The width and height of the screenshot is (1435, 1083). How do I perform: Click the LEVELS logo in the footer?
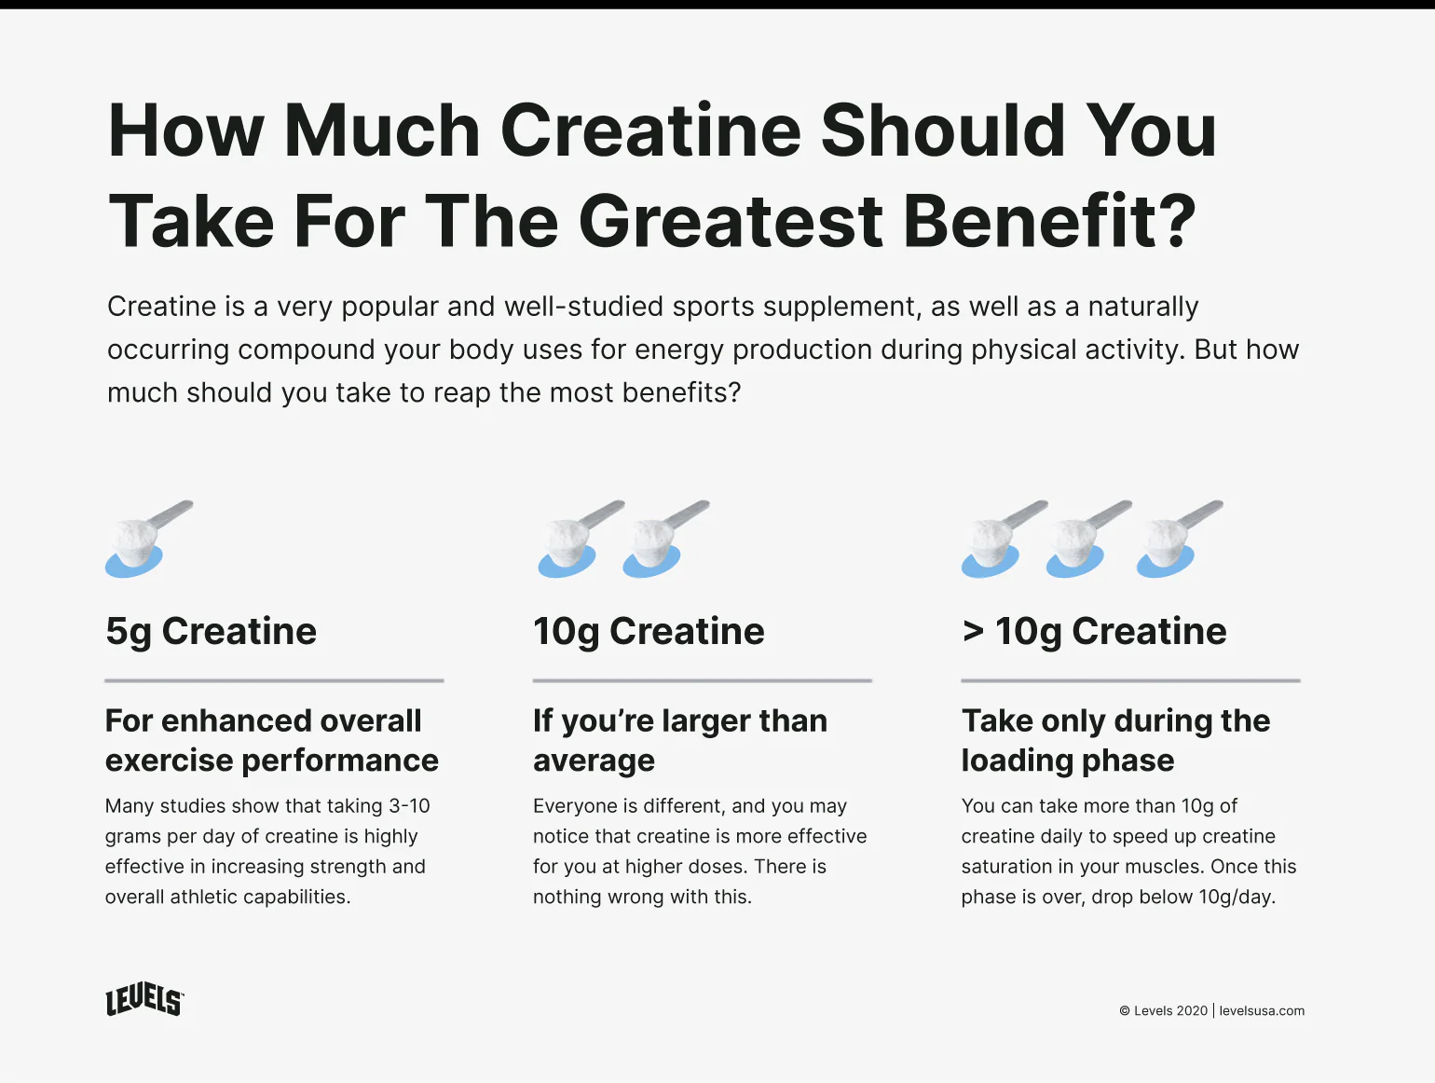(x=144, y=1000)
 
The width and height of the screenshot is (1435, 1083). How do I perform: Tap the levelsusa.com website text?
(x=1262, y=1010)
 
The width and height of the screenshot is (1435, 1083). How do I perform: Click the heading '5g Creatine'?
(x=211, y=631)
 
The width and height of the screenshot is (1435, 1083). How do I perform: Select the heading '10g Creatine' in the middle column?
(x=649, y=631)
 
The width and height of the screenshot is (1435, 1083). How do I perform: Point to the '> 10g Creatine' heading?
(x=1094, y=631)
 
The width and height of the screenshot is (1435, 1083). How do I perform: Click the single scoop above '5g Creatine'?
(x=145, y=540)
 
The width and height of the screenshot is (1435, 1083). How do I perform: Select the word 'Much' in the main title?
(x=382, y=130)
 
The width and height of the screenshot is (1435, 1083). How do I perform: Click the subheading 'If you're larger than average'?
(x=679, y=740)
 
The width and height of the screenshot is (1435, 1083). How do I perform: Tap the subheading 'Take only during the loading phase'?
(x=1115, y=740)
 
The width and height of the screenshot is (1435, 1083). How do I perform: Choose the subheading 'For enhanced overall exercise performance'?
(x=271, y=740)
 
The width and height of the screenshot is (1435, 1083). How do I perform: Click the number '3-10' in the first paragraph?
(x=409, y=805)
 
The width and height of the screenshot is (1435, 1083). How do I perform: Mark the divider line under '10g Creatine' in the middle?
(x=702, y=680)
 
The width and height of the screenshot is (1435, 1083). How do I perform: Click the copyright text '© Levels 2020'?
(x=1163, y=1010)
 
